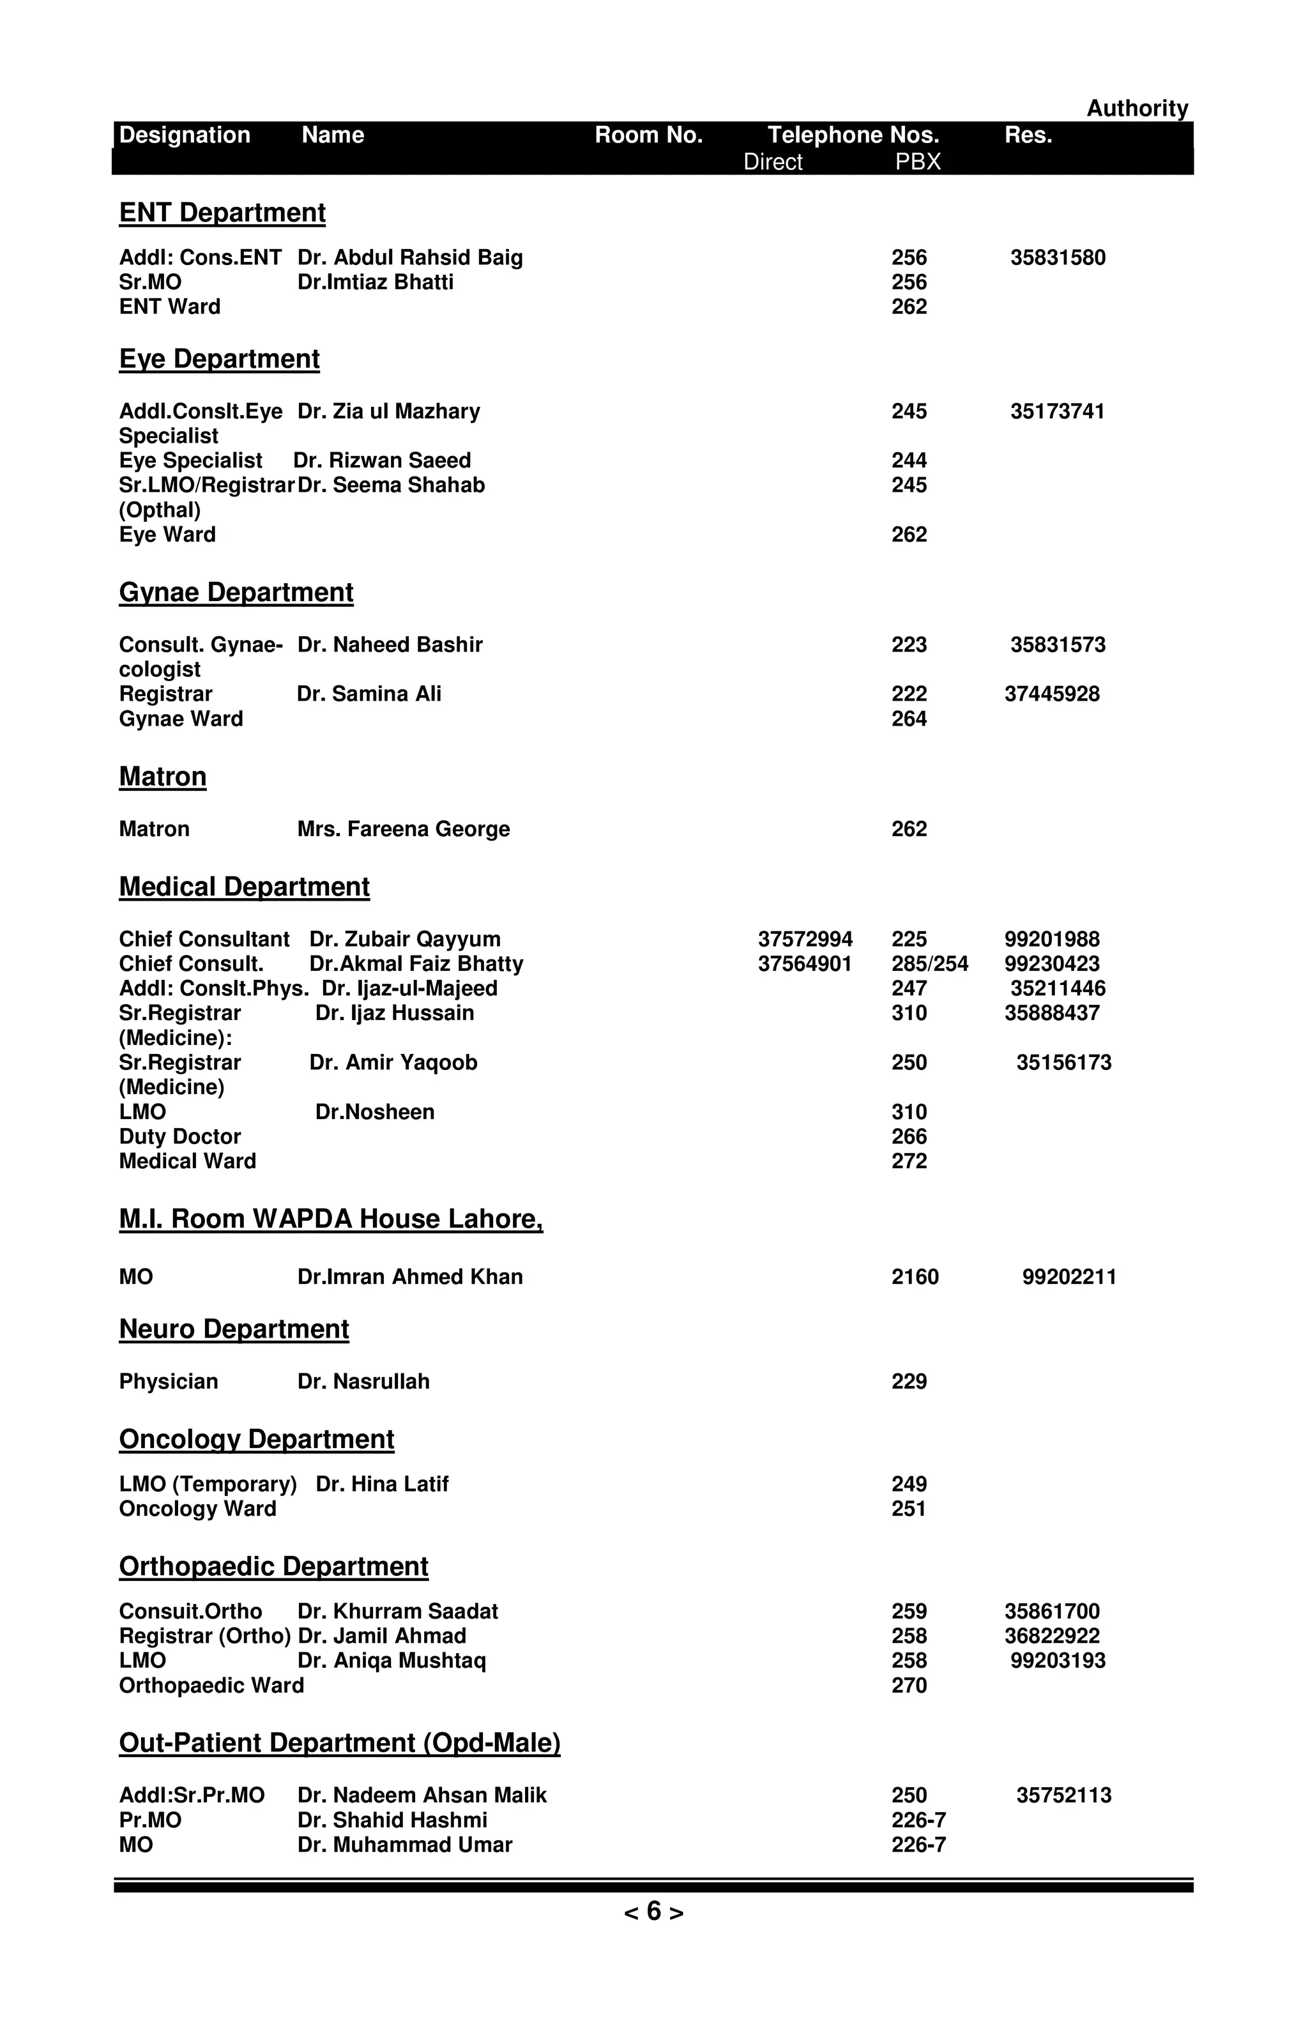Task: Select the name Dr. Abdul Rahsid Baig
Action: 410,257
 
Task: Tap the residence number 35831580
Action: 1057,257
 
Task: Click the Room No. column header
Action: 648,135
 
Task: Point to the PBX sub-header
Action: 918,162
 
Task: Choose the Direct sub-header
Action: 772,162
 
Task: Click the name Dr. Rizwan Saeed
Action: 382,461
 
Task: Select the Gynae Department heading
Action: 236,592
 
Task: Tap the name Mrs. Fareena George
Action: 403,829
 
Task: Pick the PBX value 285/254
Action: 929,964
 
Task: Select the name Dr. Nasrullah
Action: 363,1382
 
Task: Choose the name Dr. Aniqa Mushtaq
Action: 392,1661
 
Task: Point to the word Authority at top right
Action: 1137,108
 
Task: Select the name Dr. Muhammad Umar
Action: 405,1845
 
